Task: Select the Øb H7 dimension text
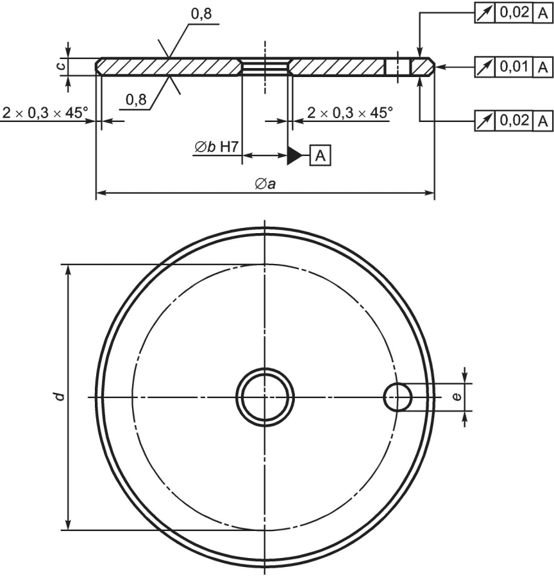[x=217, y=147]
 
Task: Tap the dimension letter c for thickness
[x=62, y=67]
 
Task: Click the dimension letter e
[x=457, y=397]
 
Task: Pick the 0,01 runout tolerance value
[x=514, y=67]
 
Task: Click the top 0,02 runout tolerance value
[x=514, y=12]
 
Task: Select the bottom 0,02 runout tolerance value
[x=514, y=120]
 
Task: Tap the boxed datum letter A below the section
[x=321, y=156]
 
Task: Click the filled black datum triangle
[x=294, y=156]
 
